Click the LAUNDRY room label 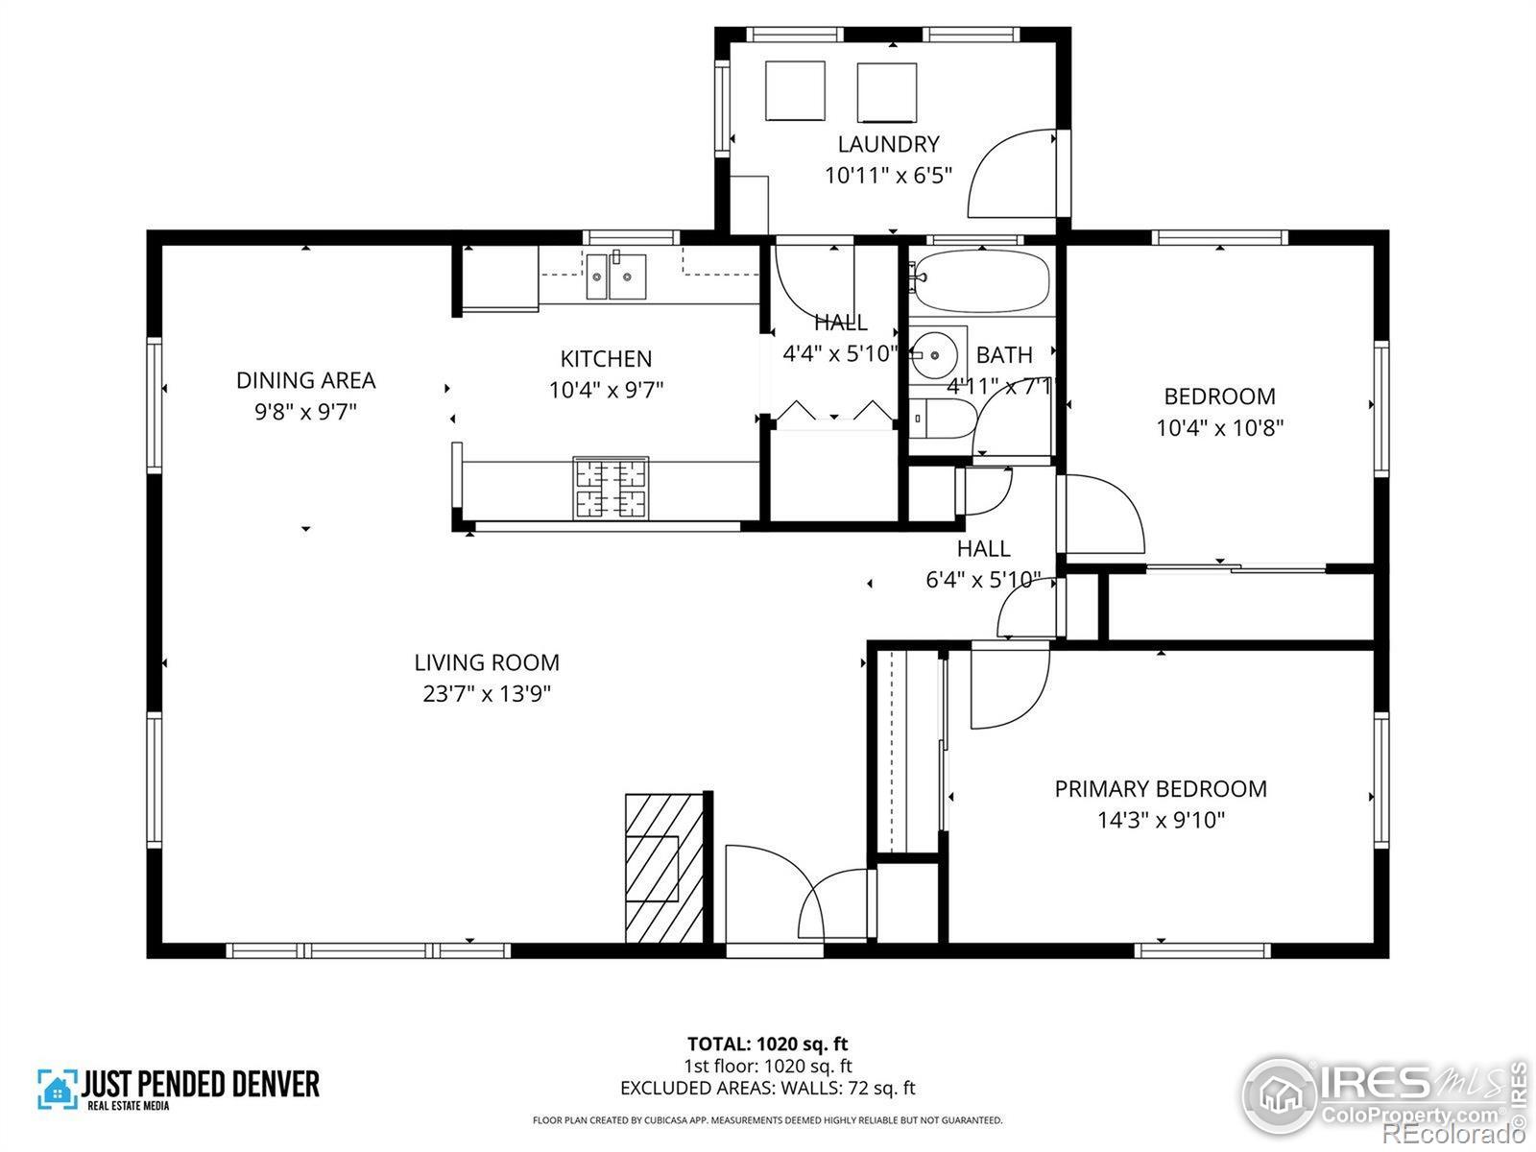(x=888, y=144)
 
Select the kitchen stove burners (x=610, y=490)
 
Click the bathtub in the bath (x=979, y=281)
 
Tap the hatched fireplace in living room (x=663, y=869)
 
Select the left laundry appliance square (x=795, y=91)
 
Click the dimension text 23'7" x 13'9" (x=487, y=693)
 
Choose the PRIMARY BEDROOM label (x=1161, y=789)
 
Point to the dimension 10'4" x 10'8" (x=1219, y=427)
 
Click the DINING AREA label (x=305, y=380)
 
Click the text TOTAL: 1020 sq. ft (x=767, y=1044)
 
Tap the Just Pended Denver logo (x=179, y=1089)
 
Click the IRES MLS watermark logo (x=1382, y=1094)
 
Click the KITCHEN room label (x=606, y=359)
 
